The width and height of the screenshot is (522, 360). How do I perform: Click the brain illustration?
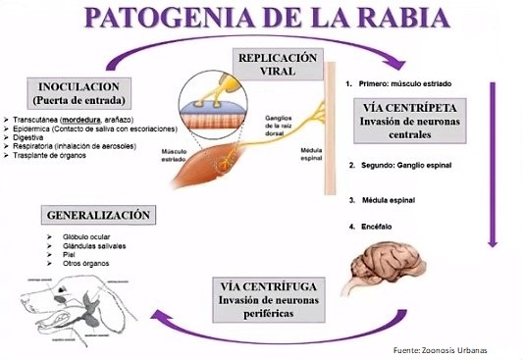[389, 258]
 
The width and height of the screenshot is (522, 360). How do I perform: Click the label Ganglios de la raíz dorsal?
[284, 123]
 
